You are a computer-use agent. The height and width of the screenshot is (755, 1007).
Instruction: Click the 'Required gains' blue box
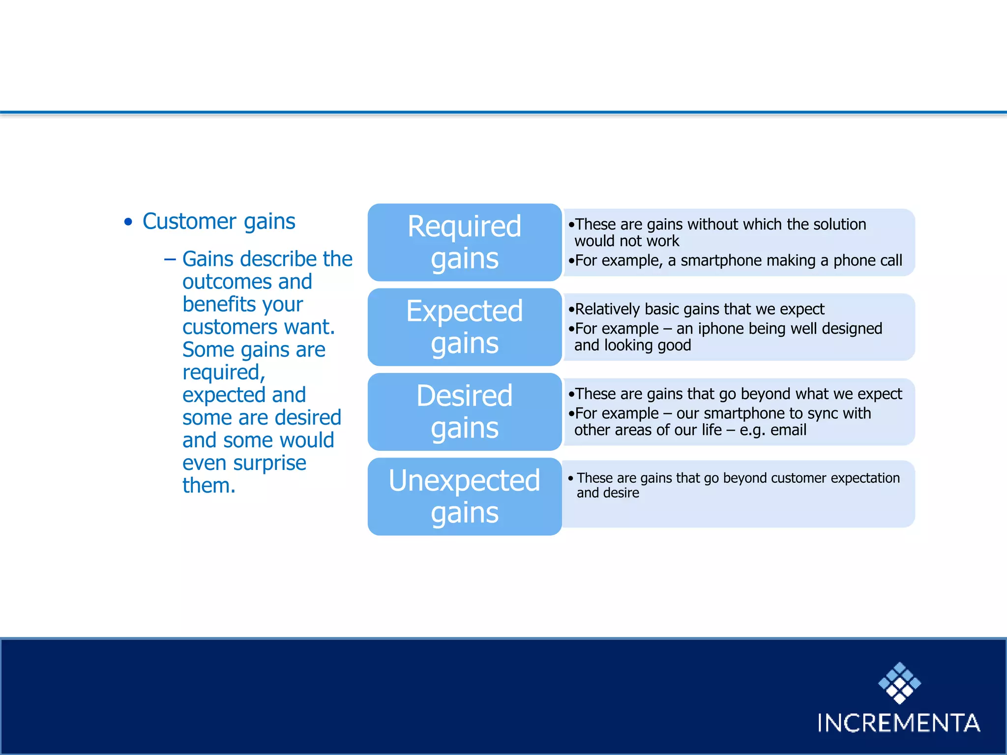point(464,242)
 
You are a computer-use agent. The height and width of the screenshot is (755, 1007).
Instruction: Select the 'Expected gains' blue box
point(464,327)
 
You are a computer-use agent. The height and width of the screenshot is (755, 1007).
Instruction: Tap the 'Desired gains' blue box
point(464,412)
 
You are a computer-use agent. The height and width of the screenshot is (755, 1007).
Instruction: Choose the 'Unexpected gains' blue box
point(464,496)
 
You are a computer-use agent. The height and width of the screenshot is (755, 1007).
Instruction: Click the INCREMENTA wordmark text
point(898,723)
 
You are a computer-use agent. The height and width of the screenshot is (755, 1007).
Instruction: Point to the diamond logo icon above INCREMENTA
point(899,683)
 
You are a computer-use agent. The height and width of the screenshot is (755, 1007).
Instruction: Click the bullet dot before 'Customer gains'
point(128,222)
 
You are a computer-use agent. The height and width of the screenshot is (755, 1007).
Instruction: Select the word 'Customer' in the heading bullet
point(189,221)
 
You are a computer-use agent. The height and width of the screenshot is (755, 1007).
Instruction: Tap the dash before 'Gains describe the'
point(170,259)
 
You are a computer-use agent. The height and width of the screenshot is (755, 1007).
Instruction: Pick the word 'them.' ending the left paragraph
point(208,486)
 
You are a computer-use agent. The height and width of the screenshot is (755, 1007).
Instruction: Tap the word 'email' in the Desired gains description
point(788,430)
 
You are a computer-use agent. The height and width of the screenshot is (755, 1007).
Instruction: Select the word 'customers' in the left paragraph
point(230,327)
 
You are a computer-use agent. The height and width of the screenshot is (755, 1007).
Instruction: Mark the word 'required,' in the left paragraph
point(224,373)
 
